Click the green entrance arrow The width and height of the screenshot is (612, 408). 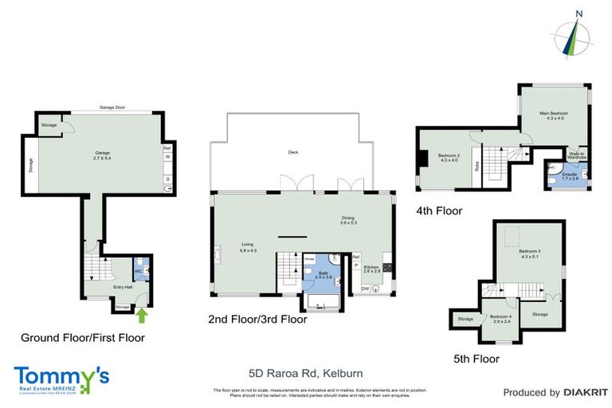(x=143, y=316)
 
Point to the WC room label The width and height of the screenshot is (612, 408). (x=139, y=271)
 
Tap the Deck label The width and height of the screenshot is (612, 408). (x=292, y=153)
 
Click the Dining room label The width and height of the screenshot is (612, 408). (x=348, y=218)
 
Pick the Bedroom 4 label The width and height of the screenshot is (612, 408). (x=500, y=318)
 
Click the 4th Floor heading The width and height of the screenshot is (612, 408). (x=438, y=210)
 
